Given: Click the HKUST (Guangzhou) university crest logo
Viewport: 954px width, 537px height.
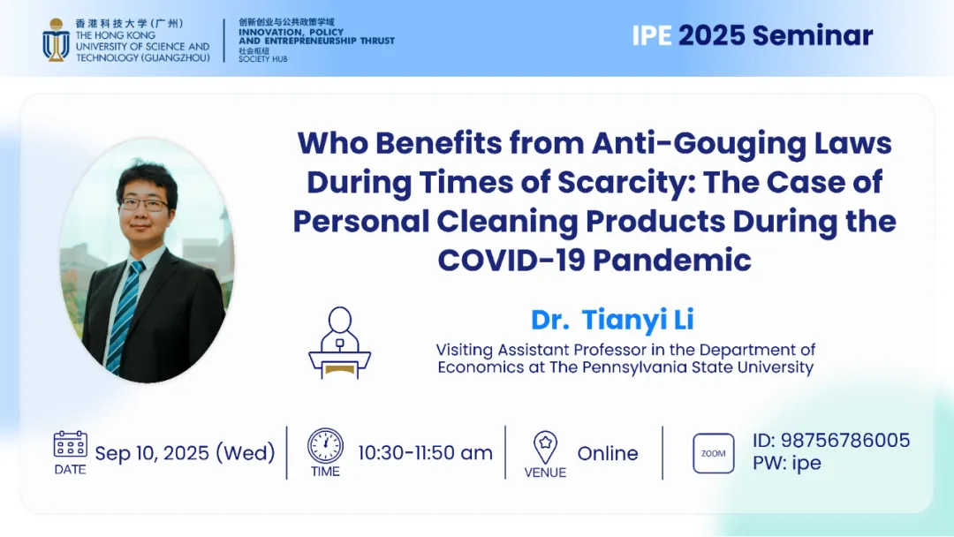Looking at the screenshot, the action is point(56,40).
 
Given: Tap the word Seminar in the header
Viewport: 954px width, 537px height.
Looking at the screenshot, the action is point(813,35).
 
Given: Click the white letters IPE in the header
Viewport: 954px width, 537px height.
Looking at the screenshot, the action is point(652,35).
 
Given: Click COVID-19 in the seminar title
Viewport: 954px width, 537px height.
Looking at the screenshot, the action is point(511,260).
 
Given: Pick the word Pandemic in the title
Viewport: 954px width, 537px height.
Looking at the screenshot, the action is point(672,260).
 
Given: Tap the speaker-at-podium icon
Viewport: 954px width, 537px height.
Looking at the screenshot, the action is point(339,343).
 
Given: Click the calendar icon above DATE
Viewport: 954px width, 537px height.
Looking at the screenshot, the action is point(70,444).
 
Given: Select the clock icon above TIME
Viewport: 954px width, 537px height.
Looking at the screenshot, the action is point(325,446).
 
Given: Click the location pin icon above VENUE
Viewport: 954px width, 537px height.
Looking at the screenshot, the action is point(545,448).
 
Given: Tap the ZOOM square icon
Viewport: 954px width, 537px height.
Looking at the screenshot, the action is point(713,453).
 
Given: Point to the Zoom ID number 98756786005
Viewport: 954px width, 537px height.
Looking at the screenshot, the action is point(845,441).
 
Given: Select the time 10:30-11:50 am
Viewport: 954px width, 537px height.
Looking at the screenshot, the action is point(425,453).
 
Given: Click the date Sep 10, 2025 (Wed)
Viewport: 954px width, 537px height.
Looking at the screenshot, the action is point(185,453).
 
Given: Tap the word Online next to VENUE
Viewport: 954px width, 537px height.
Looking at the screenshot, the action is point(608,453).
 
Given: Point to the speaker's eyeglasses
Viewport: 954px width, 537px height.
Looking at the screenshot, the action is point(144,204).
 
